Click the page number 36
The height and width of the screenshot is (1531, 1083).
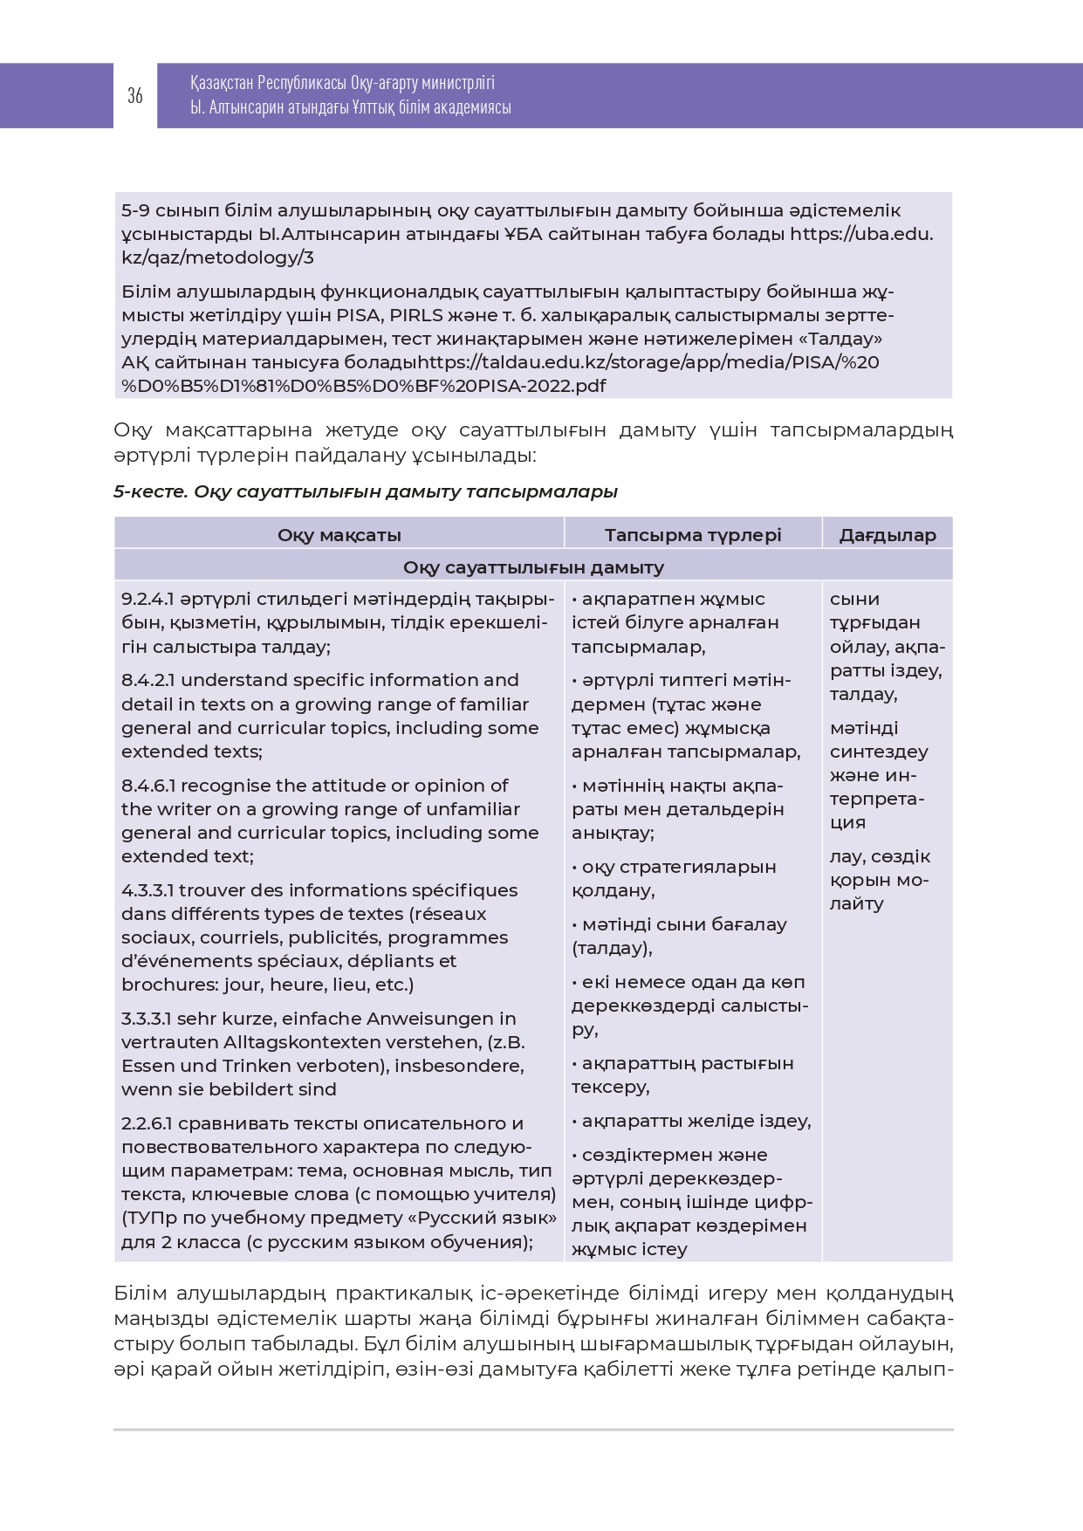(x=135, y=96)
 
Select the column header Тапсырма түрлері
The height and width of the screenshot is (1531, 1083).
(x=693, y=535)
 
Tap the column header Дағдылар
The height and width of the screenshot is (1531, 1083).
(x=888, y=535)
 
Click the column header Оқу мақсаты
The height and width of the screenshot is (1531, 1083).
(x=339, y=535)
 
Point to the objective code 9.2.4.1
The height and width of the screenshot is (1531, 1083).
(x=148, y=600)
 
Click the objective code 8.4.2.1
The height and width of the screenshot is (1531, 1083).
(x=148, y=680)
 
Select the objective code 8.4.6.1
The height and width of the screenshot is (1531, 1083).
(x=148, y=786)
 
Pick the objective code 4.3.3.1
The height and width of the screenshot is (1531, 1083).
(x=148, y=890)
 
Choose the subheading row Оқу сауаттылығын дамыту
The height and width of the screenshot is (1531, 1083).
(x=533, y=567)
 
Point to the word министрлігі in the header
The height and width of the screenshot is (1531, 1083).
(x=458, y=83)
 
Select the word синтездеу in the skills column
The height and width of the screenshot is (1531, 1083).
(x=879, y=752)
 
